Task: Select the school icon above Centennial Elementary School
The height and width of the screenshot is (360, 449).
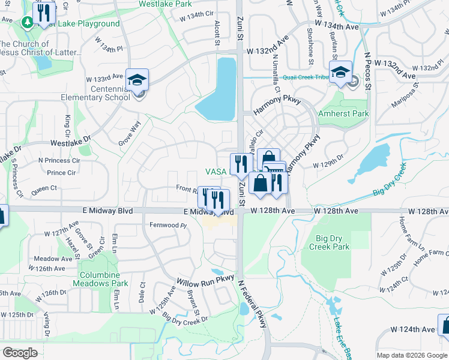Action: [x=137, y=79]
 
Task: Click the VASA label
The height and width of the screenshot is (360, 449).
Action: [x=215, y=172]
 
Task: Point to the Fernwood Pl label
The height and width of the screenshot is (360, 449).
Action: [x=168, y=226]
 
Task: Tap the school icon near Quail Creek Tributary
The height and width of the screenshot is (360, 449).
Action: [x=340, y=73]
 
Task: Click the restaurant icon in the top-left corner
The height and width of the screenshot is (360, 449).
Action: [x=43, y=13]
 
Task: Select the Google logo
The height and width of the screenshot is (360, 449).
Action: [x=20, y=353]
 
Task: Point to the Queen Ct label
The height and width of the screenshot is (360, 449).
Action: [x=44, y=188]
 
